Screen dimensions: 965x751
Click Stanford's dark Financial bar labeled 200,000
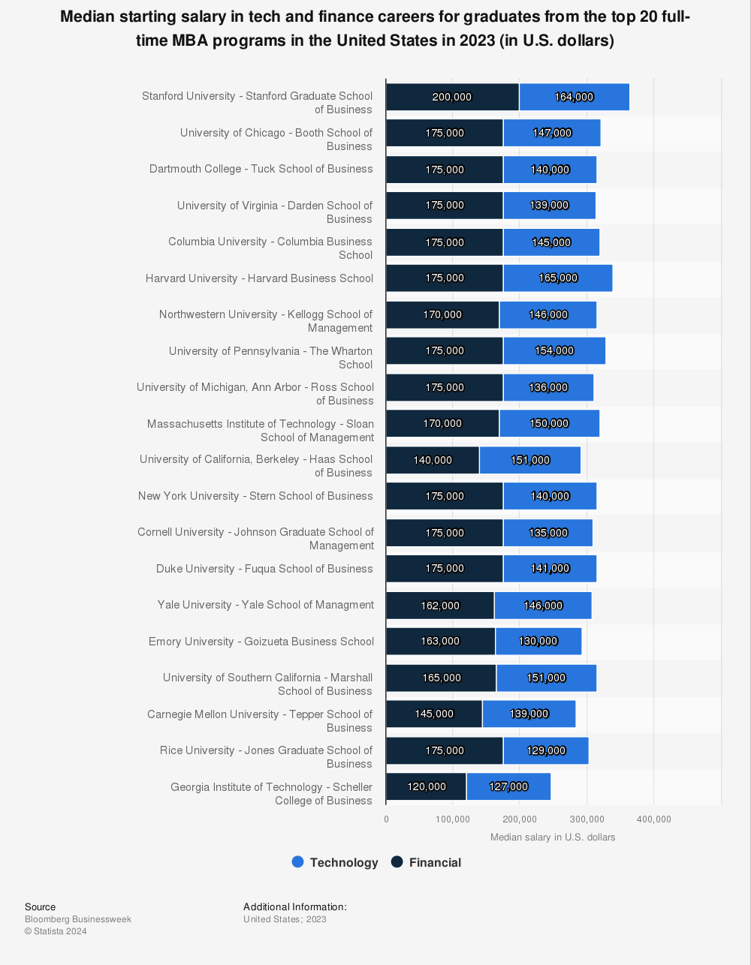[x=452, y=97]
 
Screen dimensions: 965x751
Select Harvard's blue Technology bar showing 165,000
[x=557, y=278]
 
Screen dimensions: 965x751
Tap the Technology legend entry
[x=335, y=862]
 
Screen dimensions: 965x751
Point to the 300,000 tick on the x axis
[x=587, y=819]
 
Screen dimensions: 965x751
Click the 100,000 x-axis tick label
[x=453, y=819]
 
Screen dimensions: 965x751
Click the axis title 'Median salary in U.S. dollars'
[x=552, y=837]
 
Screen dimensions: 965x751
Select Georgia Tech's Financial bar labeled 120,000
[x=426, y=786]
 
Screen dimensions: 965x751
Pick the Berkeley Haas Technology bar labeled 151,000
[x=529, y=460]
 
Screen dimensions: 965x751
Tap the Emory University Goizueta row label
[x=261, y=642]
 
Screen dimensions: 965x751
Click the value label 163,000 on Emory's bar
[x=440, y=641]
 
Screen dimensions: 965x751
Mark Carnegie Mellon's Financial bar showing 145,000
[x=434, y=714]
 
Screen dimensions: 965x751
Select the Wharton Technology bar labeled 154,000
[x=553, y=350]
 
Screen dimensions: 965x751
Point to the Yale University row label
[x=265, y=605]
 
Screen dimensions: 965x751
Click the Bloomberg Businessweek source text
[x=78, y=919]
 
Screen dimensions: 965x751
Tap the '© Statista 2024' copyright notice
[x=56, y=931]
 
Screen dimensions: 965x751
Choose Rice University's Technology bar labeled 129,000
[x=545, y=750]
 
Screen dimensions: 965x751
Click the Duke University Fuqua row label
[x=264, y=569]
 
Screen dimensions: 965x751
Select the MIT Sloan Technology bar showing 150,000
[x=549, y=423]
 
